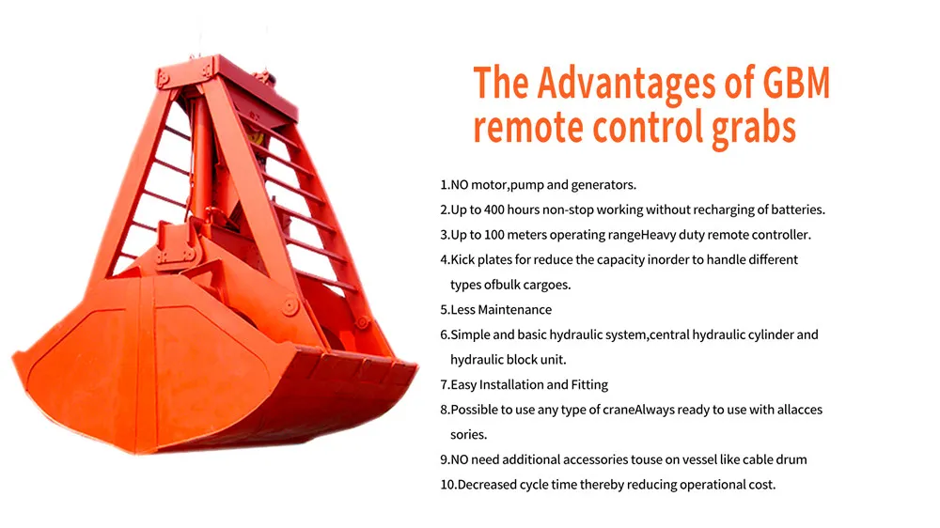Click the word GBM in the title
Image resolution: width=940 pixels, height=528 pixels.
point(796,83)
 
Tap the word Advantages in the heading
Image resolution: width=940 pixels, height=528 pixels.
point(627,84)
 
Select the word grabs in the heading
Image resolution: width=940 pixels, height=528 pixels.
point(755,129)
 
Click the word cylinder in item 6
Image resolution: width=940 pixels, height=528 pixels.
point(768,335)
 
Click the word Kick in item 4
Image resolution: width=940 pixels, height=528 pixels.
point(462,260)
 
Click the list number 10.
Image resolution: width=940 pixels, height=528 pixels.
point(447,485)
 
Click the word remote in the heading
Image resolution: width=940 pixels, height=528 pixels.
point(528,129)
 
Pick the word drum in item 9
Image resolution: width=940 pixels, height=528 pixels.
point(791,459)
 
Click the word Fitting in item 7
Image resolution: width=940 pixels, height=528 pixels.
point(589,385)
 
